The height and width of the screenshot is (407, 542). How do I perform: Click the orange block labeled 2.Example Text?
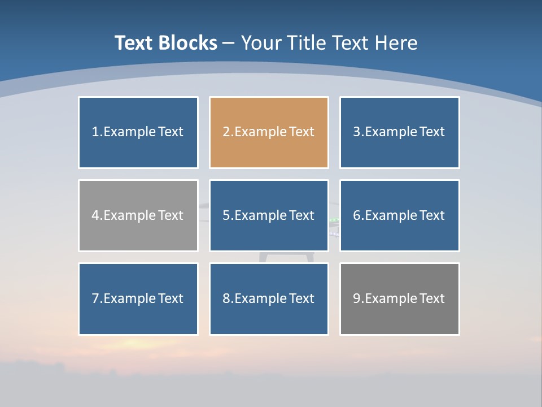pyautogui.click(x=269, y=132)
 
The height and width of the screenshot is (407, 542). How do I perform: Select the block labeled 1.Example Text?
pyautogui.click(x=138, y=132)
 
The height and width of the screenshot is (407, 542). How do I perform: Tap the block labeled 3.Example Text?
pyautogui.click(x=399, y=132)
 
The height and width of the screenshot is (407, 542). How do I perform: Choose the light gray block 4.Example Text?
pyautogui.click(x=138, y=215)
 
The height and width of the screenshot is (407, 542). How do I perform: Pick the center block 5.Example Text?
pyautogui.click(x=269, y=215)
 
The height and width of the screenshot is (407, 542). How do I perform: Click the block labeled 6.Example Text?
pyautogui.click(x=399, y=215)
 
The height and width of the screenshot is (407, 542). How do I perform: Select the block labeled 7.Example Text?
pyautogui.click(x=138, y=298)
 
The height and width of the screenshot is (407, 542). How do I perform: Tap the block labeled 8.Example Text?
pyautogui.click(x=269, y=298)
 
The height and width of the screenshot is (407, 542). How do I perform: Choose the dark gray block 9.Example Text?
pyautogui.click(x=399, y=298)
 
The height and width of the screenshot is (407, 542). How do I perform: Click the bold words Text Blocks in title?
pyautogui.click(x=166, y=43)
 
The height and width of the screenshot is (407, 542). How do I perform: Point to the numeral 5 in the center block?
pyautogui.click(x=226, y=215)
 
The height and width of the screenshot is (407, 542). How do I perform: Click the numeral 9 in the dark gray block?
pyautogui.click(x=357, y=298)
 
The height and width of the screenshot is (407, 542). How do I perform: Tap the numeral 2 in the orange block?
pyautogui.click(x=226, y=132)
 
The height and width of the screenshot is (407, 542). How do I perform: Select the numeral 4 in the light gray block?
pyautogui.click(x=95, y=215)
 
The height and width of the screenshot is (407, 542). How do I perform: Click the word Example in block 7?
pyautogui.click(x=129, y=298)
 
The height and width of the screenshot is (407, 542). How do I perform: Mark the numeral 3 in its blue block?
pyautogui.click(x=357, y=132)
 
